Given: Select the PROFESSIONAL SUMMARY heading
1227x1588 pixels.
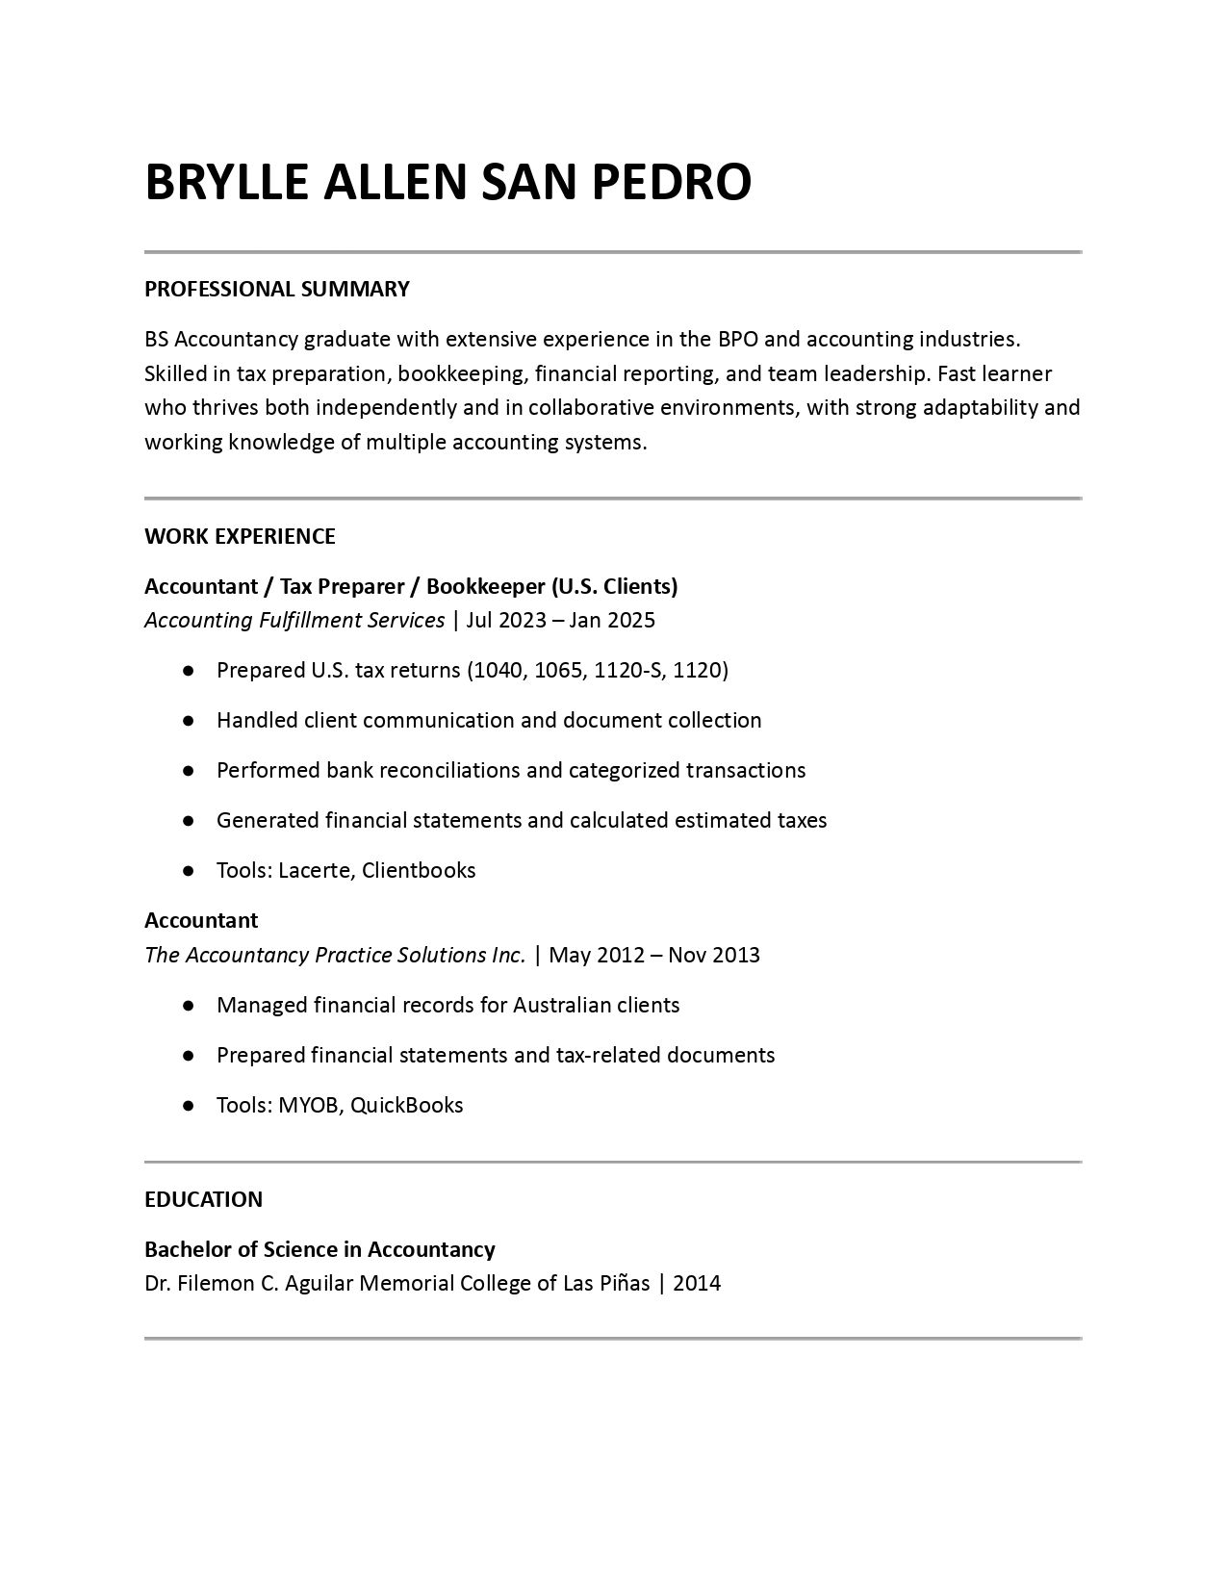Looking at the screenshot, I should [x=277, y=289].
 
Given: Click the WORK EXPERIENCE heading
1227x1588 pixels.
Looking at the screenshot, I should [x=240, y=536].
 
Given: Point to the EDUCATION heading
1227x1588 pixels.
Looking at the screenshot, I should [x=203, y=1199].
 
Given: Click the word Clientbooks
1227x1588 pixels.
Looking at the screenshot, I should [x=419, y=870].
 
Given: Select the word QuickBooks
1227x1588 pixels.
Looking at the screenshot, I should [x=406, y=1105].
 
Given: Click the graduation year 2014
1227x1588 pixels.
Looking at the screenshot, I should [x=697, y=1283].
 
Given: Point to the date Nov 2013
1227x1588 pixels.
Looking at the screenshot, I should [x=714, y=955].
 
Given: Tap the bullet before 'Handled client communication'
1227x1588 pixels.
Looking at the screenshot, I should [x=189, y=721].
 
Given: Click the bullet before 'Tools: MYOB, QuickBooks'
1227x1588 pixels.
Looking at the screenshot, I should [x=189, y=1106].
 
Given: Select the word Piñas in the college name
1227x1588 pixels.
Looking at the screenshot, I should [x=619, y=1283].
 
